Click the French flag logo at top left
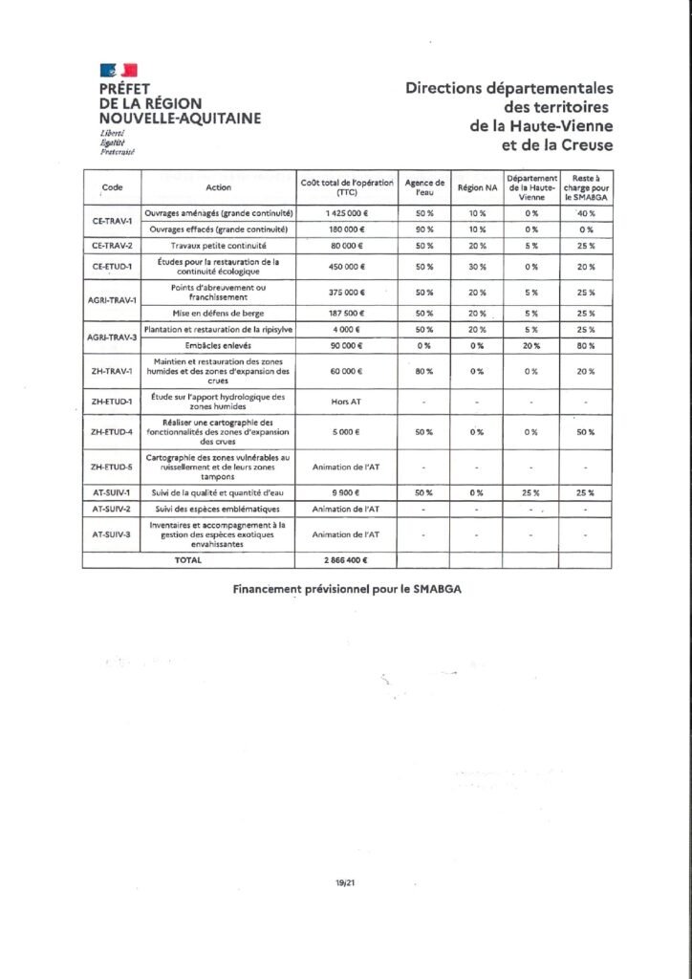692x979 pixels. click(119, 70)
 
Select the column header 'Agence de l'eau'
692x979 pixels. click(424, 187)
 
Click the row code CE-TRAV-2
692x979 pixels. click(112, 246)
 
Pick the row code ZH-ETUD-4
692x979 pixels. click(112, 432)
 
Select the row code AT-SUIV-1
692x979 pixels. click(112, 492)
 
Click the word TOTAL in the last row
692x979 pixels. click(188, 560)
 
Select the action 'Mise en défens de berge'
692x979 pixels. click(219, 314)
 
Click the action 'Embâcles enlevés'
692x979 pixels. click(219, 345)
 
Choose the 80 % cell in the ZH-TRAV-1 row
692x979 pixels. click(424, 371)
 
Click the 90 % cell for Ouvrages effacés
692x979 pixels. click(424, 229)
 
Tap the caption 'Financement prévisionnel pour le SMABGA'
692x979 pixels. click(347, 590)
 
